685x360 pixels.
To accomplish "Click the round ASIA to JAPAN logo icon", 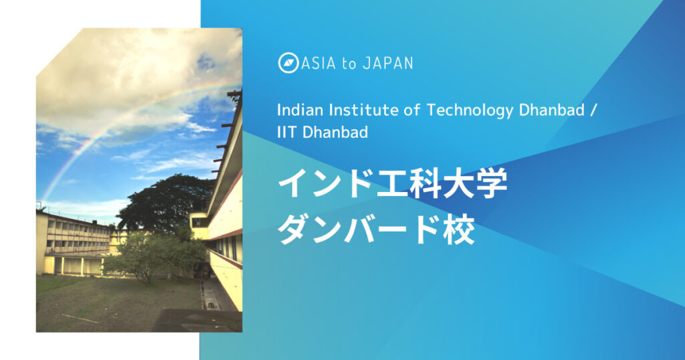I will coord(288,63).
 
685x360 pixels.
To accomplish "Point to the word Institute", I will coord(355,110).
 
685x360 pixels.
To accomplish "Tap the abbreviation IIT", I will coord(286,132).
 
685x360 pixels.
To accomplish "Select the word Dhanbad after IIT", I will coord(335,132).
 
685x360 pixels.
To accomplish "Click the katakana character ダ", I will coord(295,230).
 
